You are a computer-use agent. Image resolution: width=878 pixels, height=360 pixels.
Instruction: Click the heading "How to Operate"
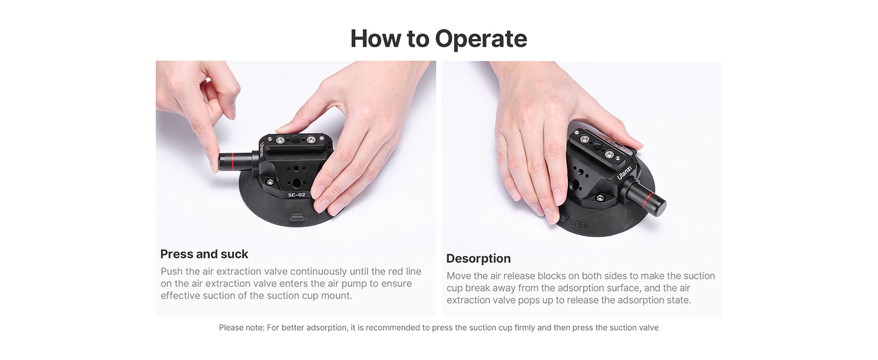[438, 39]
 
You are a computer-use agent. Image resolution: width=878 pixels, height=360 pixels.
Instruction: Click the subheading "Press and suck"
[205, 254]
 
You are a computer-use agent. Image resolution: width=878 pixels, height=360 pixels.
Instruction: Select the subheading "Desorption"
[478, 259]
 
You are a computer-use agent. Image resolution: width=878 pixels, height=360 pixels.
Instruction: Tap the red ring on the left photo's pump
[233, 162]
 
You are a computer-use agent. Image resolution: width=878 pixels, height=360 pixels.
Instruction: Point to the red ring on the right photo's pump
[647, 201]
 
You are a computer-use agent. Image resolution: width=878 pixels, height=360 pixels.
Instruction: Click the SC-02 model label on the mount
[297, 195]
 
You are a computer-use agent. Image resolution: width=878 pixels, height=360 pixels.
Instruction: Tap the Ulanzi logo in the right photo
[624, 173]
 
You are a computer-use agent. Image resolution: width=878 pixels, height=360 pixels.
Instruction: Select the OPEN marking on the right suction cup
[579, 224]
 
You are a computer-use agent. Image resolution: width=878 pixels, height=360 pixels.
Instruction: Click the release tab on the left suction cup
[297, 217]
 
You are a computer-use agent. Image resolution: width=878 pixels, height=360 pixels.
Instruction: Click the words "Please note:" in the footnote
[242, 328]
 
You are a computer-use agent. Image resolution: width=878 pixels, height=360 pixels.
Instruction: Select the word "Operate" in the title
[481, 39]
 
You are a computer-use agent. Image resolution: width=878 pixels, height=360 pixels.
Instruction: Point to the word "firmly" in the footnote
[524, 328]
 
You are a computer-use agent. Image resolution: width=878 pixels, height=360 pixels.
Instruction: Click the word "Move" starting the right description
[459, 276]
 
